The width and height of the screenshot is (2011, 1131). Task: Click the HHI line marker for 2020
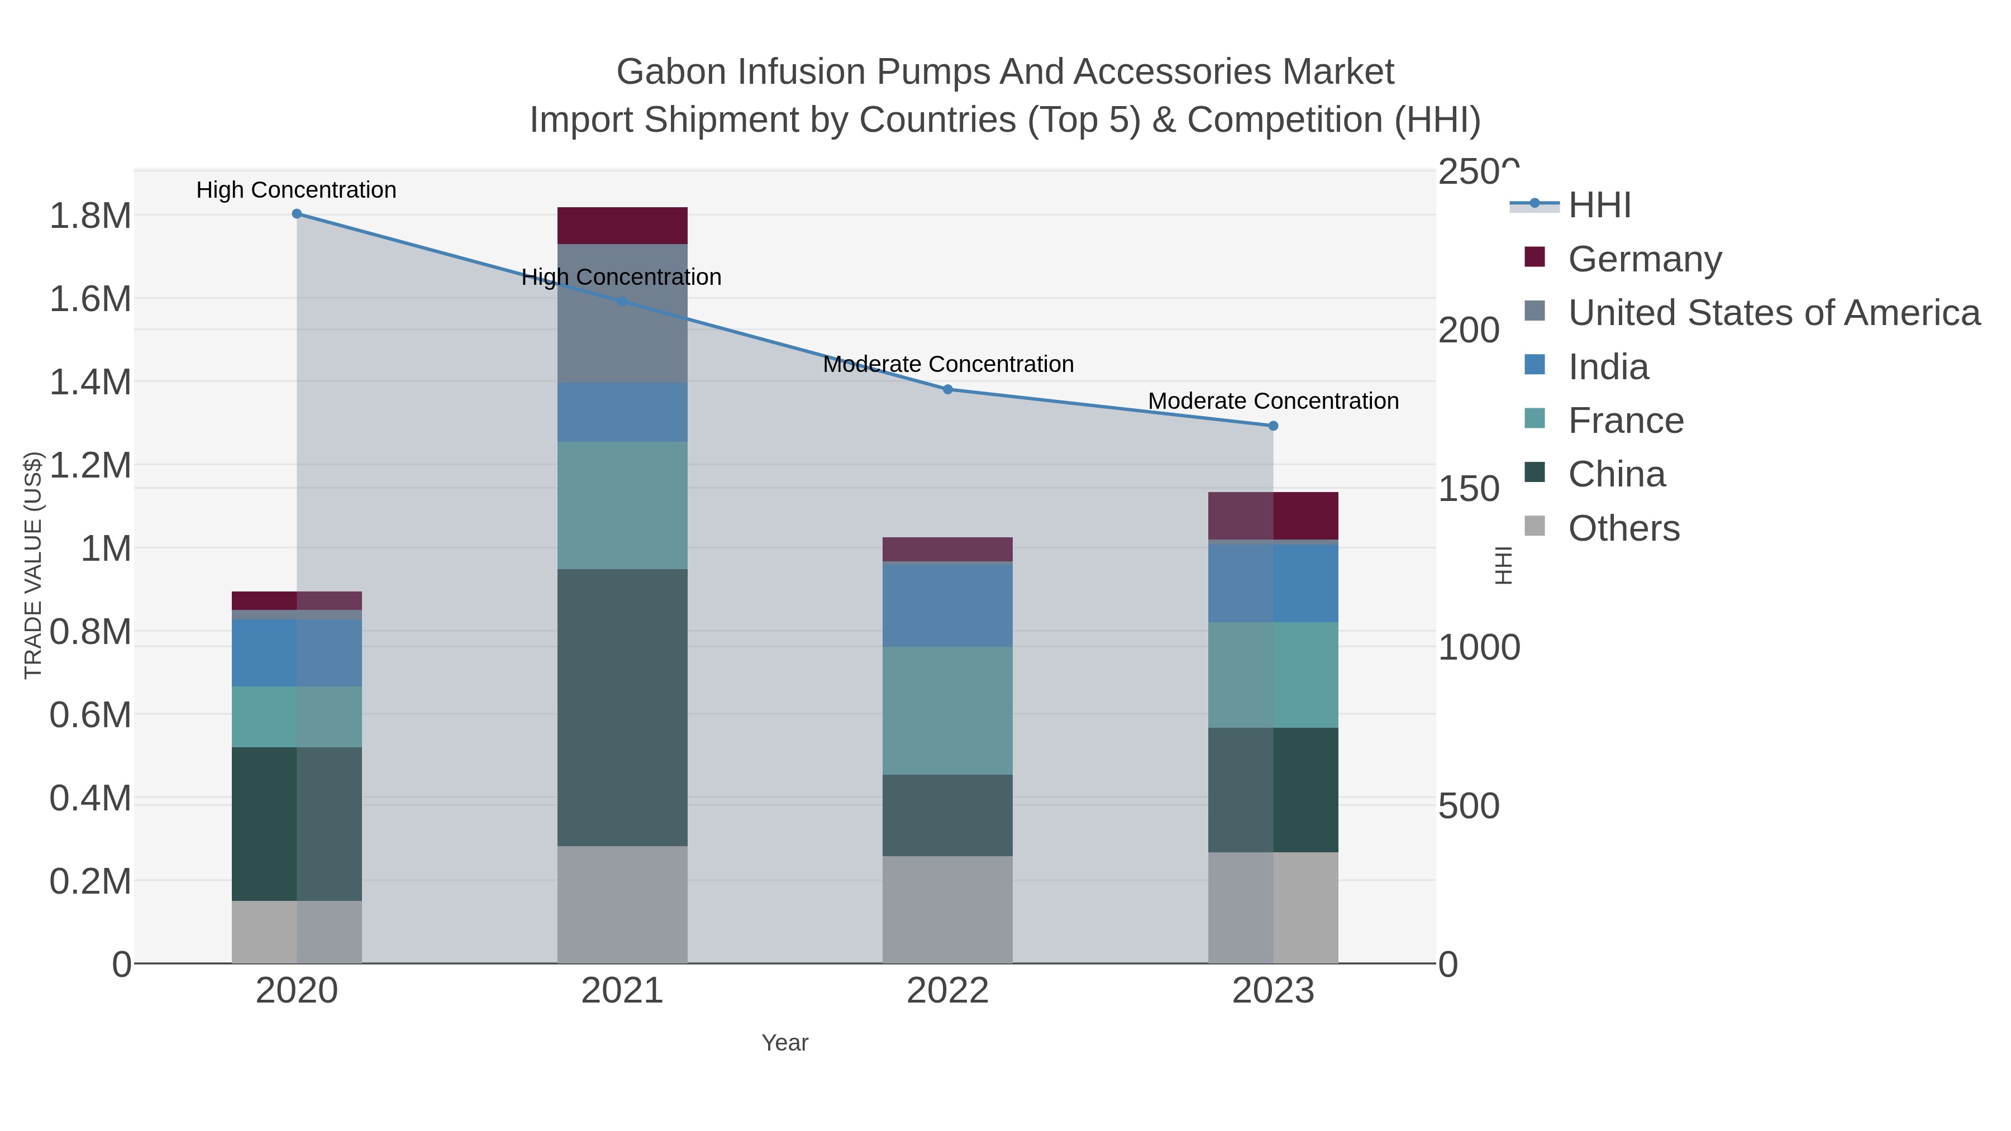click(x=297, y=214)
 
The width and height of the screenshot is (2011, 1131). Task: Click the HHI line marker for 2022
click(x=948, y=389)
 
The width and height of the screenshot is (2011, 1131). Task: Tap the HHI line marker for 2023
click(x=1273, y=426)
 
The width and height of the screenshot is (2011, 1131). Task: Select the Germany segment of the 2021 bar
click(x=622, y=226)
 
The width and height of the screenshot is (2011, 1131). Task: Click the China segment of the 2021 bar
click(x=622, y=707)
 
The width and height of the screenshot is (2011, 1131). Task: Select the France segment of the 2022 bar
click(x=948, y=710)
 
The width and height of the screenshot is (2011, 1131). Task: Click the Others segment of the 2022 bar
click(x=948, y=909)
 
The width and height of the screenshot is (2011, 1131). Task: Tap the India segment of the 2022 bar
click(x=948, y=604)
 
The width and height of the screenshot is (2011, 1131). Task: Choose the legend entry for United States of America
click(x=1773, y=313)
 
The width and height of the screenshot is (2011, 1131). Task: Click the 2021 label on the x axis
click(x=622, y=990)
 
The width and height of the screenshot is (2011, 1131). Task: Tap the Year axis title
click(x=785, y=1043)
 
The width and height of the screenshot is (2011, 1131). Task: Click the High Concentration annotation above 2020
click(x=297, y=190)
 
